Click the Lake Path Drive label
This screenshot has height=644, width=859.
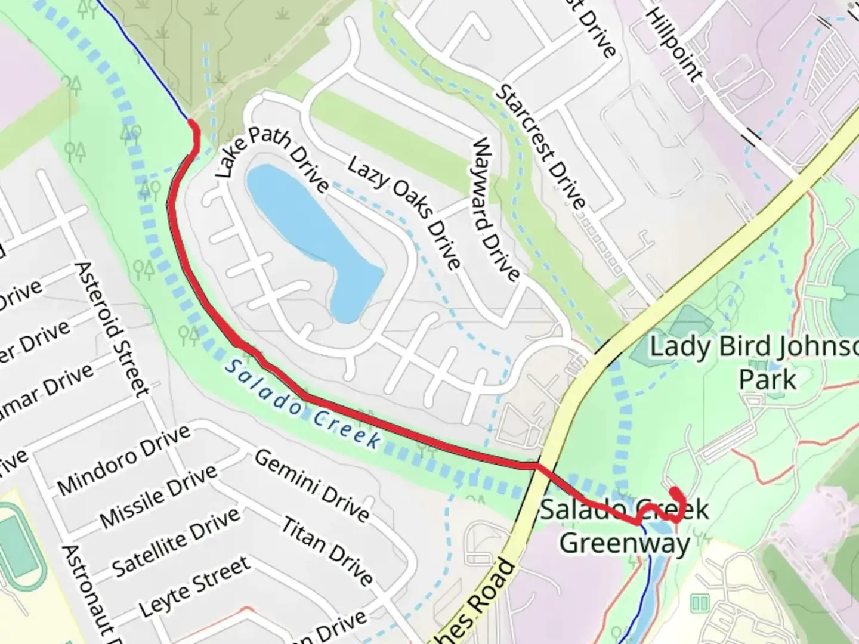pyautogui.click(x=271, y=158)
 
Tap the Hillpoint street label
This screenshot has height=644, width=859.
pyautogui.click(x=674, y=45)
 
